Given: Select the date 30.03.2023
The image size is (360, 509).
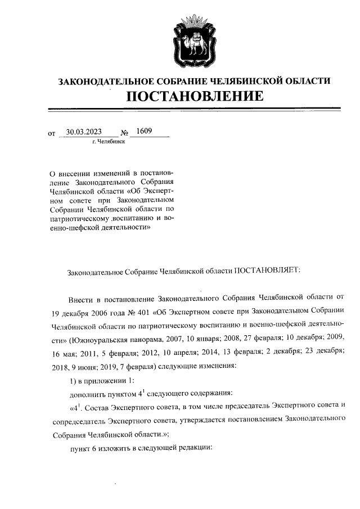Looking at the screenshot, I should point(83,132).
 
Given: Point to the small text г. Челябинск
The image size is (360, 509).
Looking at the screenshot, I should point(108,142).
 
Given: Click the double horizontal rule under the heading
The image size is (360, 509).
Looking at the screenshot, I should point(194,109).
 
